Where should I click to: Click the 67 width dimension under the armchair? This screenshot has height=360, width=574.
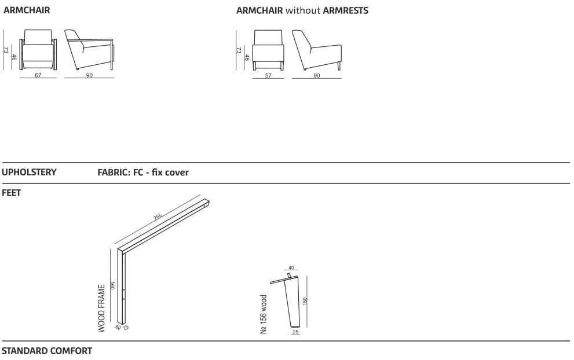[38, 75]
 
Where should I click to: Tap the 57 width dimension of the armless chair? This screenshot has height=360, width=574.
[268, 75]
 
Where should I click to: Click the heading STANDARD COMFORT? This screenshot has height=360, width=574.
[47, 351]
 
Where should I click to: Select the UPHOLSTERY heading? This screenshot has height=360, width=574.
[29, 172]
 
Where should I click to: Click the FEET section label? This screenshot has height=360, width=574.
[12, 193]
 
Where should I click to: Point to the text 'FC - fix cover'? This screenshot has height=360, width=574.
[160, 172]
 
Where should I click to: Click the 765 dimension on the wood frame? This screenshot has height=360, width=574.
[158, 217]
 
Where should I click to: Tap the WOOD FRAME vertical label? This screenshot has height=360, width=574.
[101, 308]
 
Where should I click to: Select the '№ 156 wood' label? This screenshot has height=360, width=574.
[264, 314]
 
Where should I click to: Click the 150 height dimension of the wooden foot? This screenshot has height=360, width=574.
[305, 301]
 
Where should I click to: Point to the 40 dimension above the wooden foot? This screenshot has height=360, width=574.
[291, 268]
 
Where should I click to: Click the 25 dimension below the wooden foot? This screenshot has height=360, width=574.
[295, 332]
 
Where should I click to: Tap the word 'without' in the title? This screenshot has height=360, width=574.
[303, 10]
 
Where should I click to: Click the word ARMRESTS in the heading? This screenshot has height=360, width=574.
[346, 10]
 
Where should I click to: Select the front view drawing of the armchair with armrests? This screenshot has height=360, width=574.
[38, 49]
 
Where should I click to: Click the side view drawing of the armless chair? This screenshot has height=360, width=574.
[317, 50]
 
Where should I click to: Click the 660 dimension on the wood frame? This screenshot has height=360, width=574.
[113, 285]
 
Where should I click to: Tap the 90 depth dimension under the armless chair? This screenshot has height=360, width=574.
[317, 75]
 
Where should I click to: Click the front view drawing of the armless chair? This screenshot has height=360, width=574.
[268, 50]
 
